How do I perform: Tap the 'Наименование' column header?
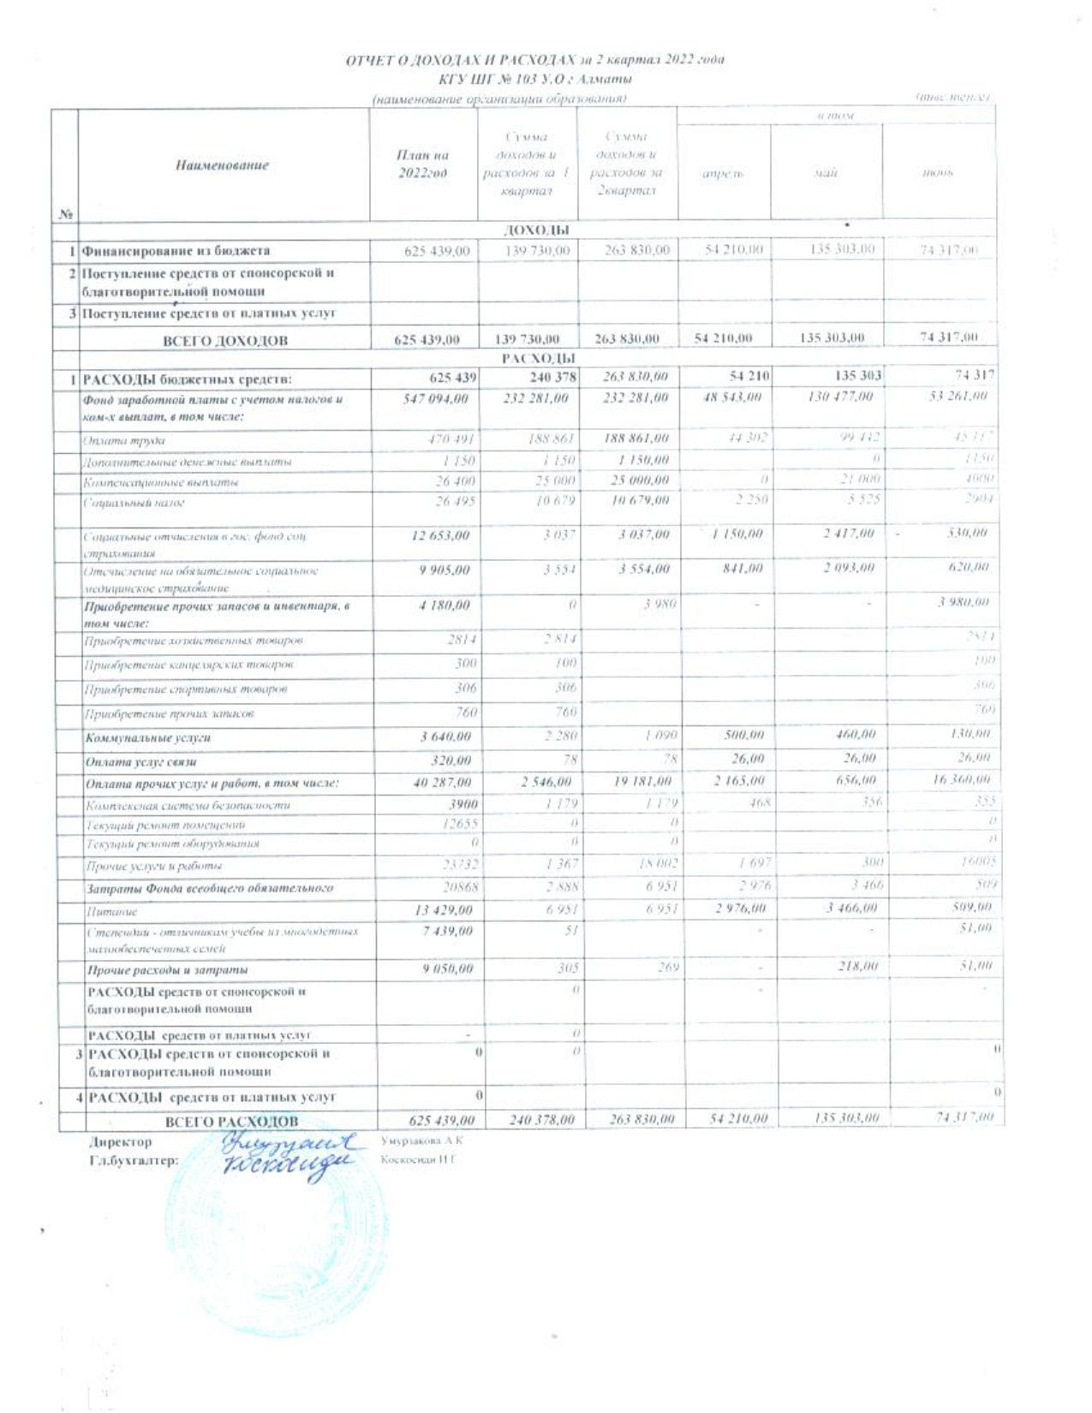pyautogui.click(x=222, y=165)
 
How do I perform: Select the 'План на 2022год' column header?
pyautogui.click(x=422, y=164)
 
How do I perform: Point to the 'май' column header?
pyautogui.click(x=826, y=173)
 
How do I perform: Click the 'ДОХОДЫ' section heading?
pyautogui.click(x=537, y=230)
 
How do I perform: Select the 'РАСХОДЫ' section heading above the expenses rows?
pyautogui.click(x=538, y=358)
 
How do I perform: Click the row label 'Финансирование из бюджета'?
pyautogui.click(x=176, y=251)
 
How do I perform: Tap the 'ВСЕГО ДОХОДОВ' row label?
pyautogui.click(x=225, y=340)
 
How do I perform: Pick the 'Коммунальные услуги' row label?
pyautogui.click(x=147, y=737)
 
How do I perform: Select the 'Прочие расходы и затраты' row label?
pyautogui.click(x=167, y=970)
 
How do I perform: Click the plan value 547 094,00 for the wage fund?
pyautogui.click(x=436, y=398)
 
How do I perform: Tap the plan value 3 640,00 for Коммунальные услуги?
pyautogui.click(x=445, y=736)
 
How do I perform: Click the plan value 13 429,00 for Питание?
pyautogui.click(x=442, y=909)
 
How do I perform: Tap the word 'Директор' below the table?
pyautogui.click(x=120, y=1142)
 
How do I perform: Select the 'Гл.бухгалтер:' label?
pyautogui.click(x=134, y=1160)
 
